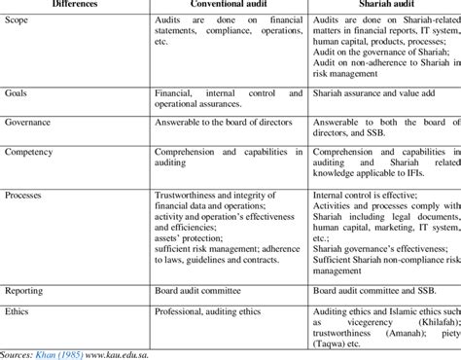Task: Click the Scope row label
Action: click(18, 22)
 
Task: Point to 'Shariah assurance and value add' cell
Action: click(375, 93)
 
